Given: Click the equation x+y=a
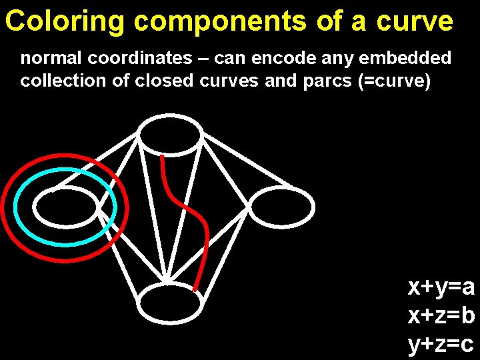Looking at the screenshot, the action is (x=441, y=287).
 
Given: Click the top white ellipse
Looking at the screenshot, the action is (x=169, y=135).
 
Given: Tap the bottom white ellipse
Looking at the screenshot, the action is (x=171, y=303).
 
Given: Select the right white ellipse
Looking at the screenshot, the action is (x=281, y=206).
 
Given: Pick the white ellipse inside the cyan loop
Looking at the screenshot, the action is (x=66, y=207).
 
